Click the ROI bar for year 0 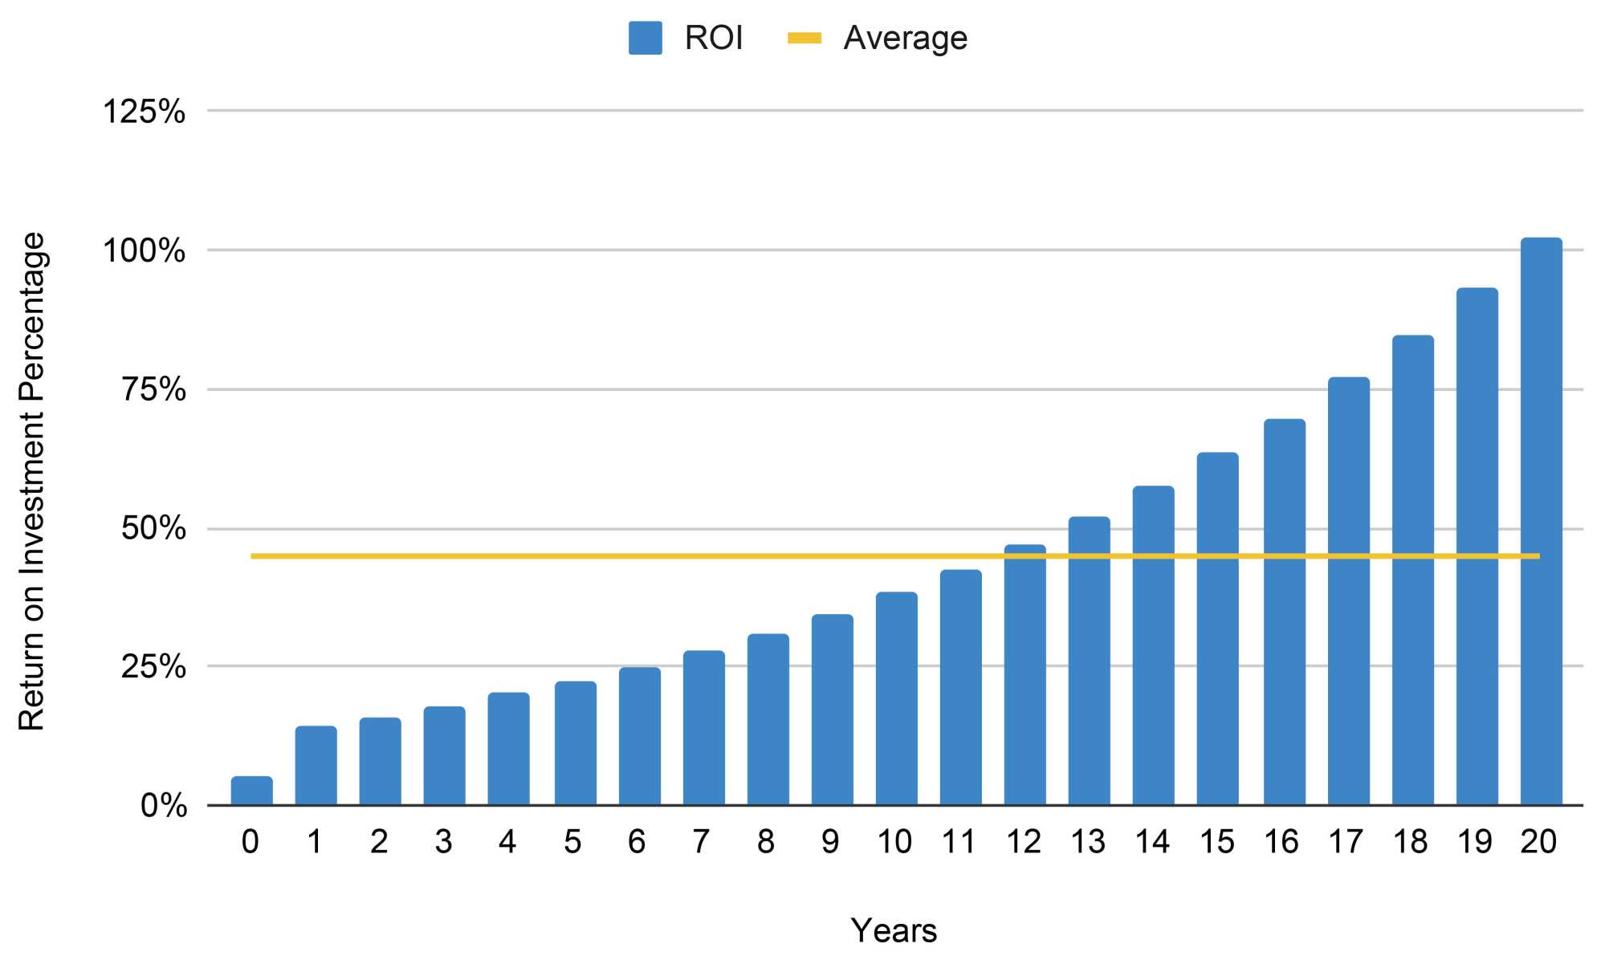(x=251, y=791)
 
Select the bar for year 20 (x=1541, y=522)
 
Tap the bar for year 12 (x=1025, y=675)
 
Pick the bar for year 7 (x=703, y=728)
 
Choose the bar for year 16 (x=1284, y=612)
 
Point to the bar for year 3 (x=444, y=755)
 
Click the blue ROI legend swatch (x=645, y=38)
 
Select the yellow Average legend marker (x=804, y=38)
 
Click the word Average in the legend (x=905, y=38)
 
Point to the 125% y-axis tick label (x=144, y=111)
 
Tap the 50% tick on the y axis (x=153, y=529)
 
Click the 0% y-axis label (x=163, y=805)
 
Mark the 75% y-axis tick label (x=153, y=390)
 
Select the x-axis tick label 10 (x=894, y=842)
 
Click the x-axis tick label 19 (x=1474, y=842)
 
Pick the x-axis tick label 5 (x=572, y=842)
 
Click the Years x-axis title (x=894, y=931)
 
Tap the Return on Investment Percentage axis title (x=32, y=482)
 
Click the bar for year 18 (x=1412, y=570)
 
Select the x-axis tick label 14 (x=1152, y=842)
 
